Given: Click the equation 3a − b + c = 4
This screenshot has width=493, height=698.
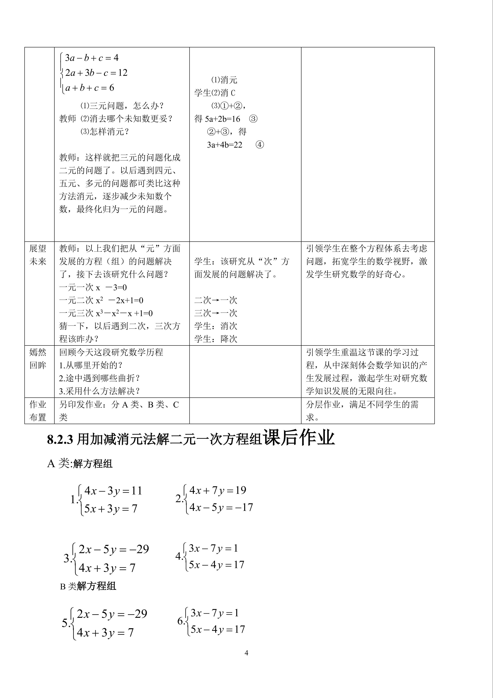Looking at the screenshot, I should click(x=92, y=58).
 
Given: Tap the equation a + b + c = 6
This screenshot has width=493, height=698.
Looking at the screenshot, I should click(x=90, y=88).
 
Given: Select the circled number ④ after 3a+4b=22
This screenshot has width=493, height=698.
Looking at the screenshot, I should click(x=260, y=145).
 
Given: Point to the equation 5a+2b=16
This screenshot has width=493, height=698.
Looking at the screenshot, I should click(x=222, y=119).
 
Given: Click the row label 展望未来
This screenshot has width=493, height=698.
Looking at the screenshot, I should click(x=38, y=255).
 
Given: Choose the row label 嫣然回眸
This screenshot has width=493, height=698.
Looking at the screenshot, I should click(x=38, y=359).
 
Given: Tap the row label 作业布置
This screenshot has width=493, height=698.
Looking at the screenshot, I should click(x=38, y=411).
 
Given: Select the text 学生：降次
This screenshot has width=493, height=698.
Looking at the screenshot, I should click(x=216, y=339).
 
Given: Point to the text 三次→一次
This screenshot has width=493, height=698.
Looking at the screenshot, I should click(x=216, y=313).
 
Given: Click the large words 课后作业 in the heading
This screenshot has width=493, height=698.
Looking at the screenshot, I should click(x=299, y=438).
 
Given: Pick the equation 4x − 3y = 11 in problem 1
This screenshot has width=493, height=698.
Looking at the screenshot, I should click(x=113, y=491).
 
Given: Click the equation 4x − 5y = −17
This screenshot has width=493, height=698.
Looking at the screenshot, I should click(x=221, y=507).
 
